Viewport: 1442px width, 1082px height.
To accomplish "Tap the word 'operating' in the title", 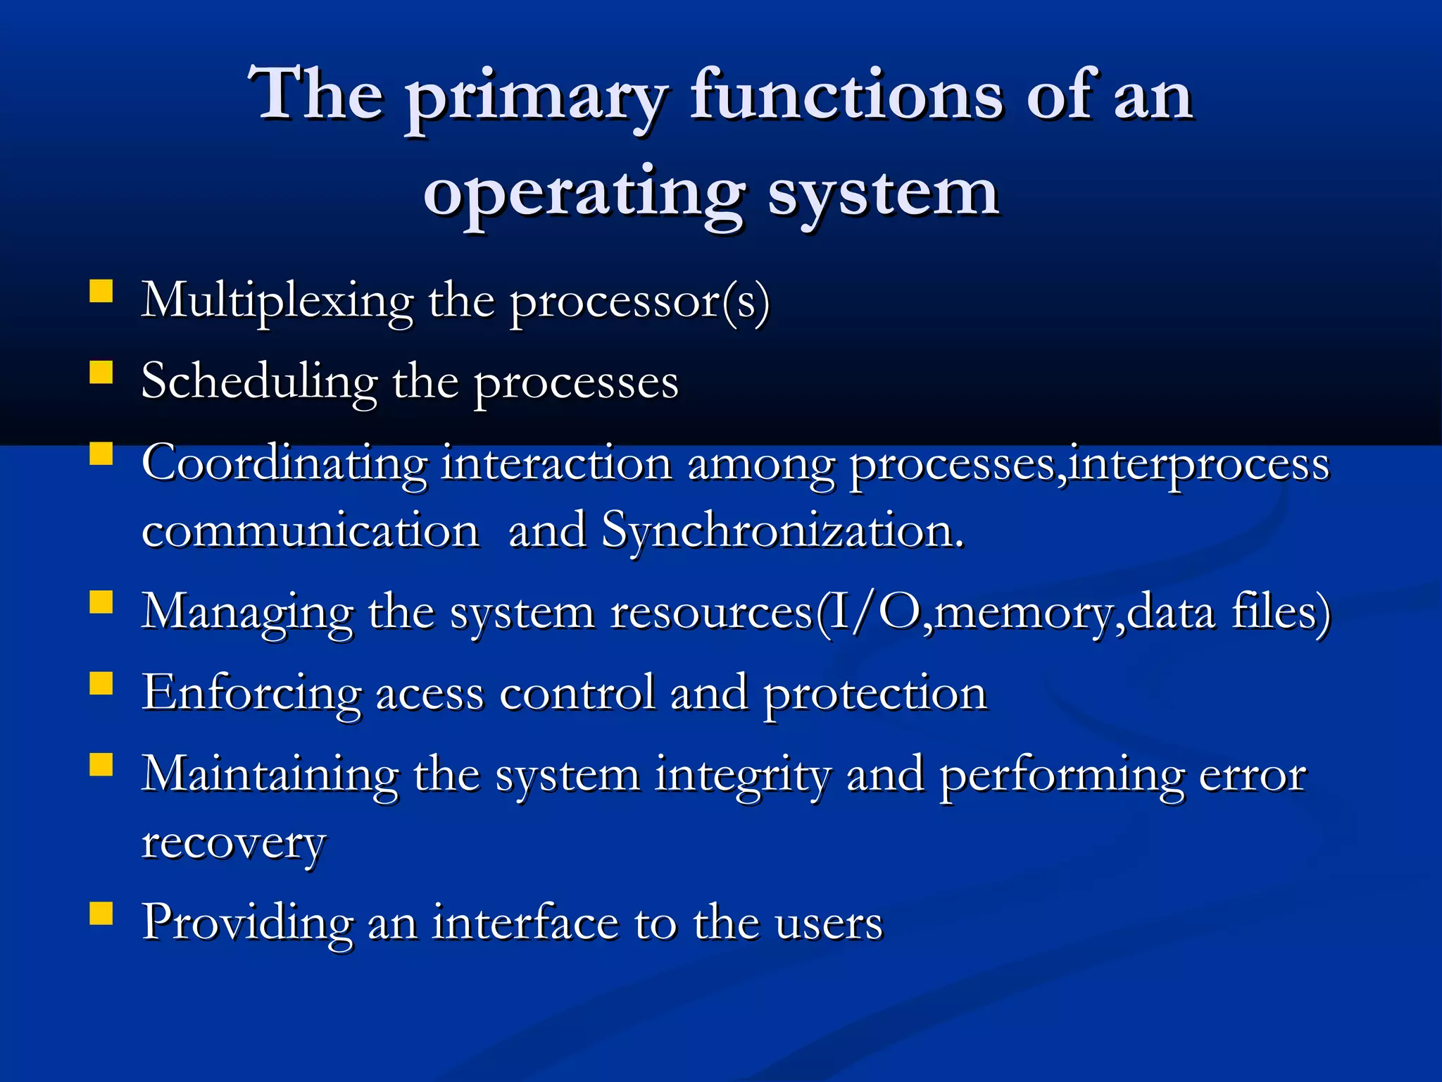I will tap(584, 193).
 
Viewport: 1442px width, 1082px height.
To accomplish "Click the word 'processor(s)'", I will tap(639, 303).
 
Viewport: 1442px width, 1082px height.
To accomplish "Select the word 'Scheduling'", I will tap(259, 383).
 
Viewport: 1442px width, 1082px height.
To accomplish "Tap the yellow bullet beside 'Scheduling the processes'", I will tap(101, 372).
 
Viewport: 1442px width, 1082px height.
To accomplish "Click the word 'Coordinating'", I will tap(284, 465).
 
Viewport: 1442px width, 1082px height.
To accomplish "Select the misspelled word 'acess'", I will tap(430, 695).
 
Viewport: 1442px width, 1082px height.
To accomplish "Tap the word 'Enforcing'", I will tap(251, 695).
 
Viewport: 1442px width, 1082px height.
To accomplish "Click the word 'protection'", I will tap(875, 695).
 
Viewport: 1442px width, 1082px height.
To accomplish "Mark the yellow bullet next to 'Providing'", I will tap(101, 913).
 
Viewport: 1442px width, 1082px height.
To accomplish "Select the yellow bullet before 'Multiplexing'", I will tap(101, 291).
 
